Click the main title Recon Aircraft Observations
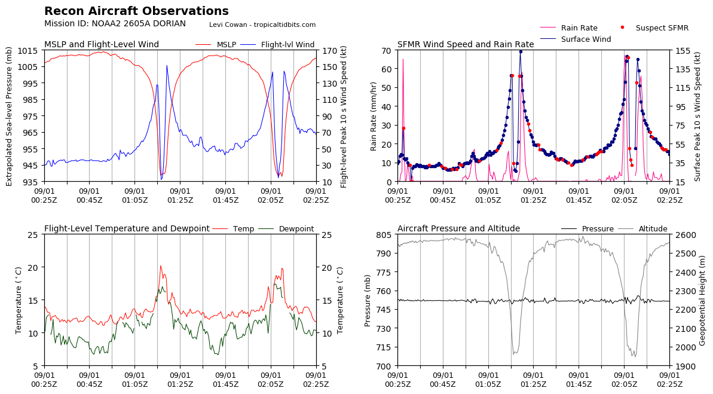[136, 11]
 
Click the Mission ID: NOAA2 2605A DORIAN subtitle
[115, 24]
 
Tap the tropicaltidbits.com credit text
[262, 25]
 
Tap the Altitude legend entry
[653, 229]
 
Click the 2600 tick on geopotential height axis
[685, 235]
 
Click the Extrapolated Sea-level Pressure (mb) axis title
[9, 116]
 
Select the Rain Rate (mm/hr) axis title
[374, 116]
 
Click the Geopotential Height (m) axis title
[703, 300]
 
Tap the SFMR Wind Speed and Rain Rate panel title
[466, 45]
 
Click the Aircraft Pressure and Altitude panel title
[458, 229]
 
